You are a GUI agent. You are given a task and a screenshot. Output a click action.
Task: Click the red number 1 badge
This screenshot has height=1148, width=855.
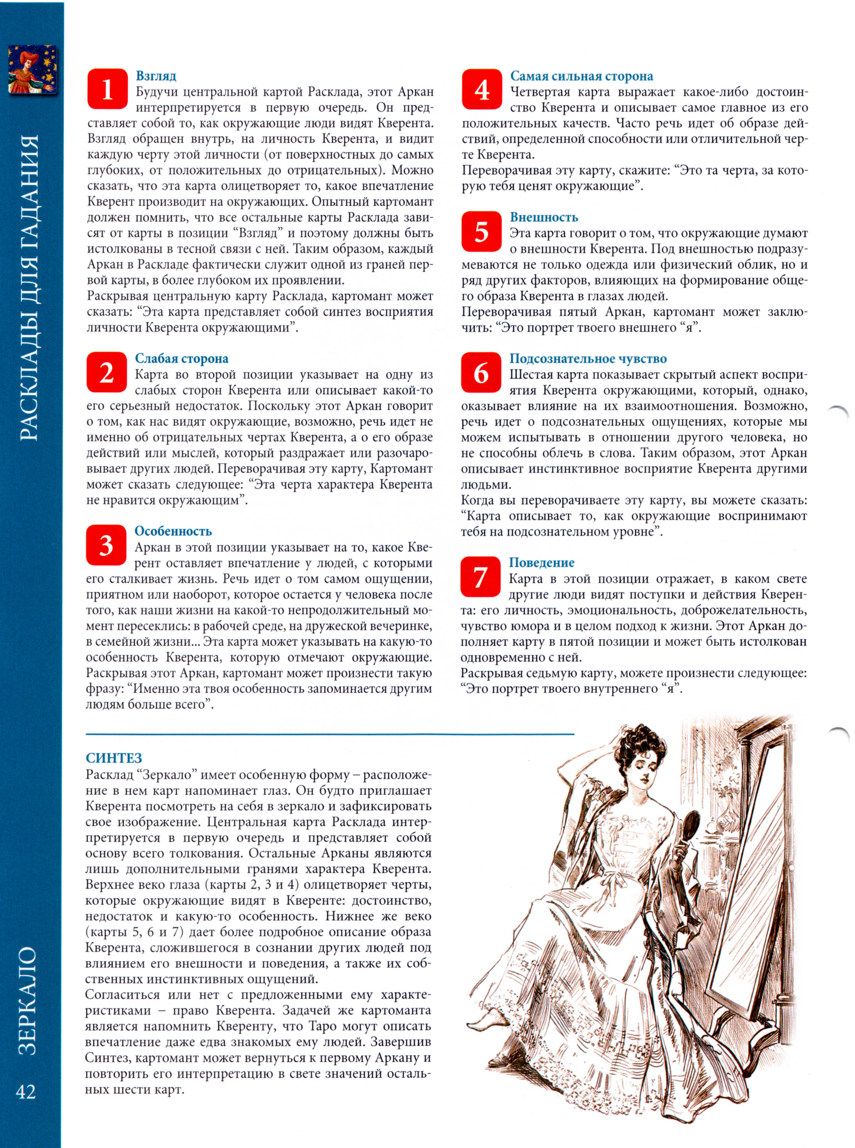click(x=107, y=89)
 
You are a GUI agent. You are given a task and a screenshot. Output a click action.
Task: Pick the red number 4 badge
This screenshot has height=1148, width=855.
click(x=482, y=89)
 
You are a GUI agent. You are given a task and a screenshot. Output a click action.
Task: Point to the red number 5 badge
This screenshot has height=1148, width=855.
click(x=481, y=231)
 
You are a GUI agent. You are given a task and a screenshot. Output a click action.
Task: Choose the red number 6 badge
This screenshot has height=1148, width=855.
click(x=481, y=372)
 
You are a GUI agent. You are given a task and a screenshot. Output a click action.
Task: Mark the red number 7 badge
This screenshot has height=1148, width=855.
click(x=480, y=576)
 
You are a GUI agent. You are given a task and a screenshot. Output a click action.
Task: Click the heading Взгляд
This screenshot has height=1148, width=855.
click(x=156, y=76)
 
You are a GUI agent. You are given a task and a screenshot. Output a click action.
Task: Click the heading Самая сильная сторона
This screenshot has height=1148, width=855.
click(x=582, y=76)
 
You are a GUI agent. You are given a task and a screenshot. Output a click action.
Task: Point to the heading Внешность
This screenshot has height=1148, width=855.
click(x=544, y=217)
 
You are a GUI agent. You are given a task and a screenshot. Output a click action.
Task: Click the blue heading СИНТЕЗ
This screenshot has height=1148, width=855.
click(x=114, y=758)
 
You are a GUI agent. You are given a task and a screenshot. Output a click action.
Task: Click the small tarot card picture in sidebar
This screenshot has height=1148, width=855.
click(x=32, y=69)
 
